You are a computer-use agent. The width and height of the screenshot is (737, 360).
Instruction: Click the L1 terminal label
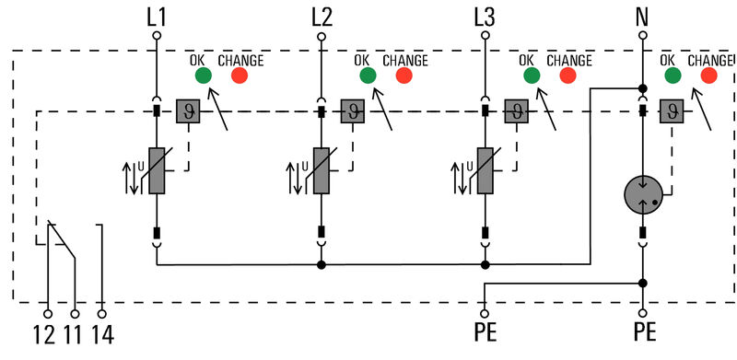[x=156, y=16]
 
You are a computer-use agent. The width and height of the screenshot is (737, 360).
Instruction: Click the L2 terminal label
[x=322, y=16]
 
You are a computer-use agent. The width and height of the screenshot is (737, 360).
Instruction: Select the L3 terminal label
[x=485, y=16]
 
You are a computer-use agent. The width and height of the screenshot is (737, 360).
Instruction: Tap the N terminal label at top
[x=643, y=16]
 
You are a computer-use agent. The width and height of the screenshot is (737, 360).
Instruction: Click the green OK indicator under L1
[x=204, y=76]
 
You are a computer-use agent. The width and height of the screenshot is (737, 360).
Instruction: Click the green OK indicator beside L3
[x=531, y=76]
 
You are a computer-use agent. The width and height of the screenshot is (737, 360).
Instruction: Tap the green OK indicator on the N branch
[x=673, y=76]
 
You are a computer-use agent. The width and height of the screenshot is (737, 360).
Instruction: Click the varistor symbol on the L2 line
[x=322, y=171]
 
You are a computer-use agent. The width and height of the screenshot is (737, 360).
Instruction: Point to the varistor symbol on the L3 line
[x=485, y=171]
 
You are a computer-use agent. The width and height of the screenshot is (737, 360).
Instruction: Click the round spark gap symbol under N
[x=643, y=194]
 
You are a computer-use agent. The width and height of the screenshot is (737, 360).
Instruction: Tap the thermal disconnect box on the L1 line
[x=188, y=111]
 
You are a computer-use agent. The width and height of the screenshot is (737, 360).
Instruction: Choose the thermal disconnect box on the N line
[x=671, y=111]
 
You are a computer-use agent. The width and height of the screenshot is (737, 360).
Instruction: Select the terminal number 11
[x=75, y=333]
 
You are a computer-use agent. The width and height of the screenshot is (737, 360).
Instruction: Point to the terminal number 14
[x=102, y=333]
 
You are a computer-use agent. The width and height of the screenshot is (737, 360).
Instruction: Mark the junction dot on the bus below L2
[x=322, y=265]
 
